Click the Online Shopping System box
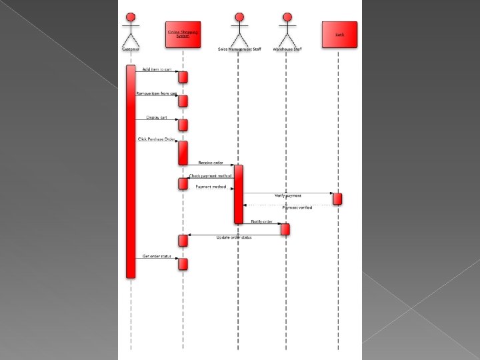183,34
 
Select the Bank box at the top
339,34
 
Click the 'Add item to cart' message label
156,69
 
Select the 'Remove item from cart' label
156,93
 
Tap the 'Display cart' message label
157,117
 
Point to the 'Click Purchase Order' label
156,139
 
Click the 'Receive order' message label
210,162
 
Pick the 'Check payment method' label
211,176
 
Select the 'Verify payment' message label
288,196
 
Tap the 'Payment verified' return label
297,208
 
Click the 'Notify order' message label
262,221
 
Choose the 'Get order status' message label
157,255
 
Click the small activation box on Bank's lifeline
338,199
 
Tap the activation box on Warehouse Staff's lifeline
285,229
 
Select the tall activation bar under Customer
131,171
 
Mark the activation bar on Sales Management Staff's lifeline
238,193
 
